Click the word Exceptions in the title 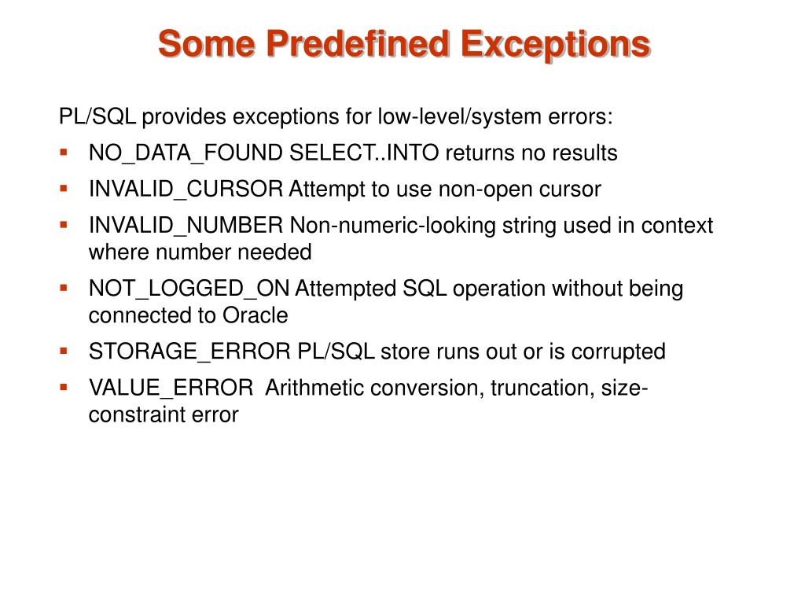tap(556, 44)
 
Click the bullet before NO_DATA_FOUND tap(64, 152)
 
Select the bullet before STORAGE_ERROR tap(64, 350)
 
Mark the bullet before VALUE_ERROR tap(64, 386)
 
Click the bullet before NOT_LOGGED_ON tap(64, 287)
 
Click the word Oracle tap(255, 315)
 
